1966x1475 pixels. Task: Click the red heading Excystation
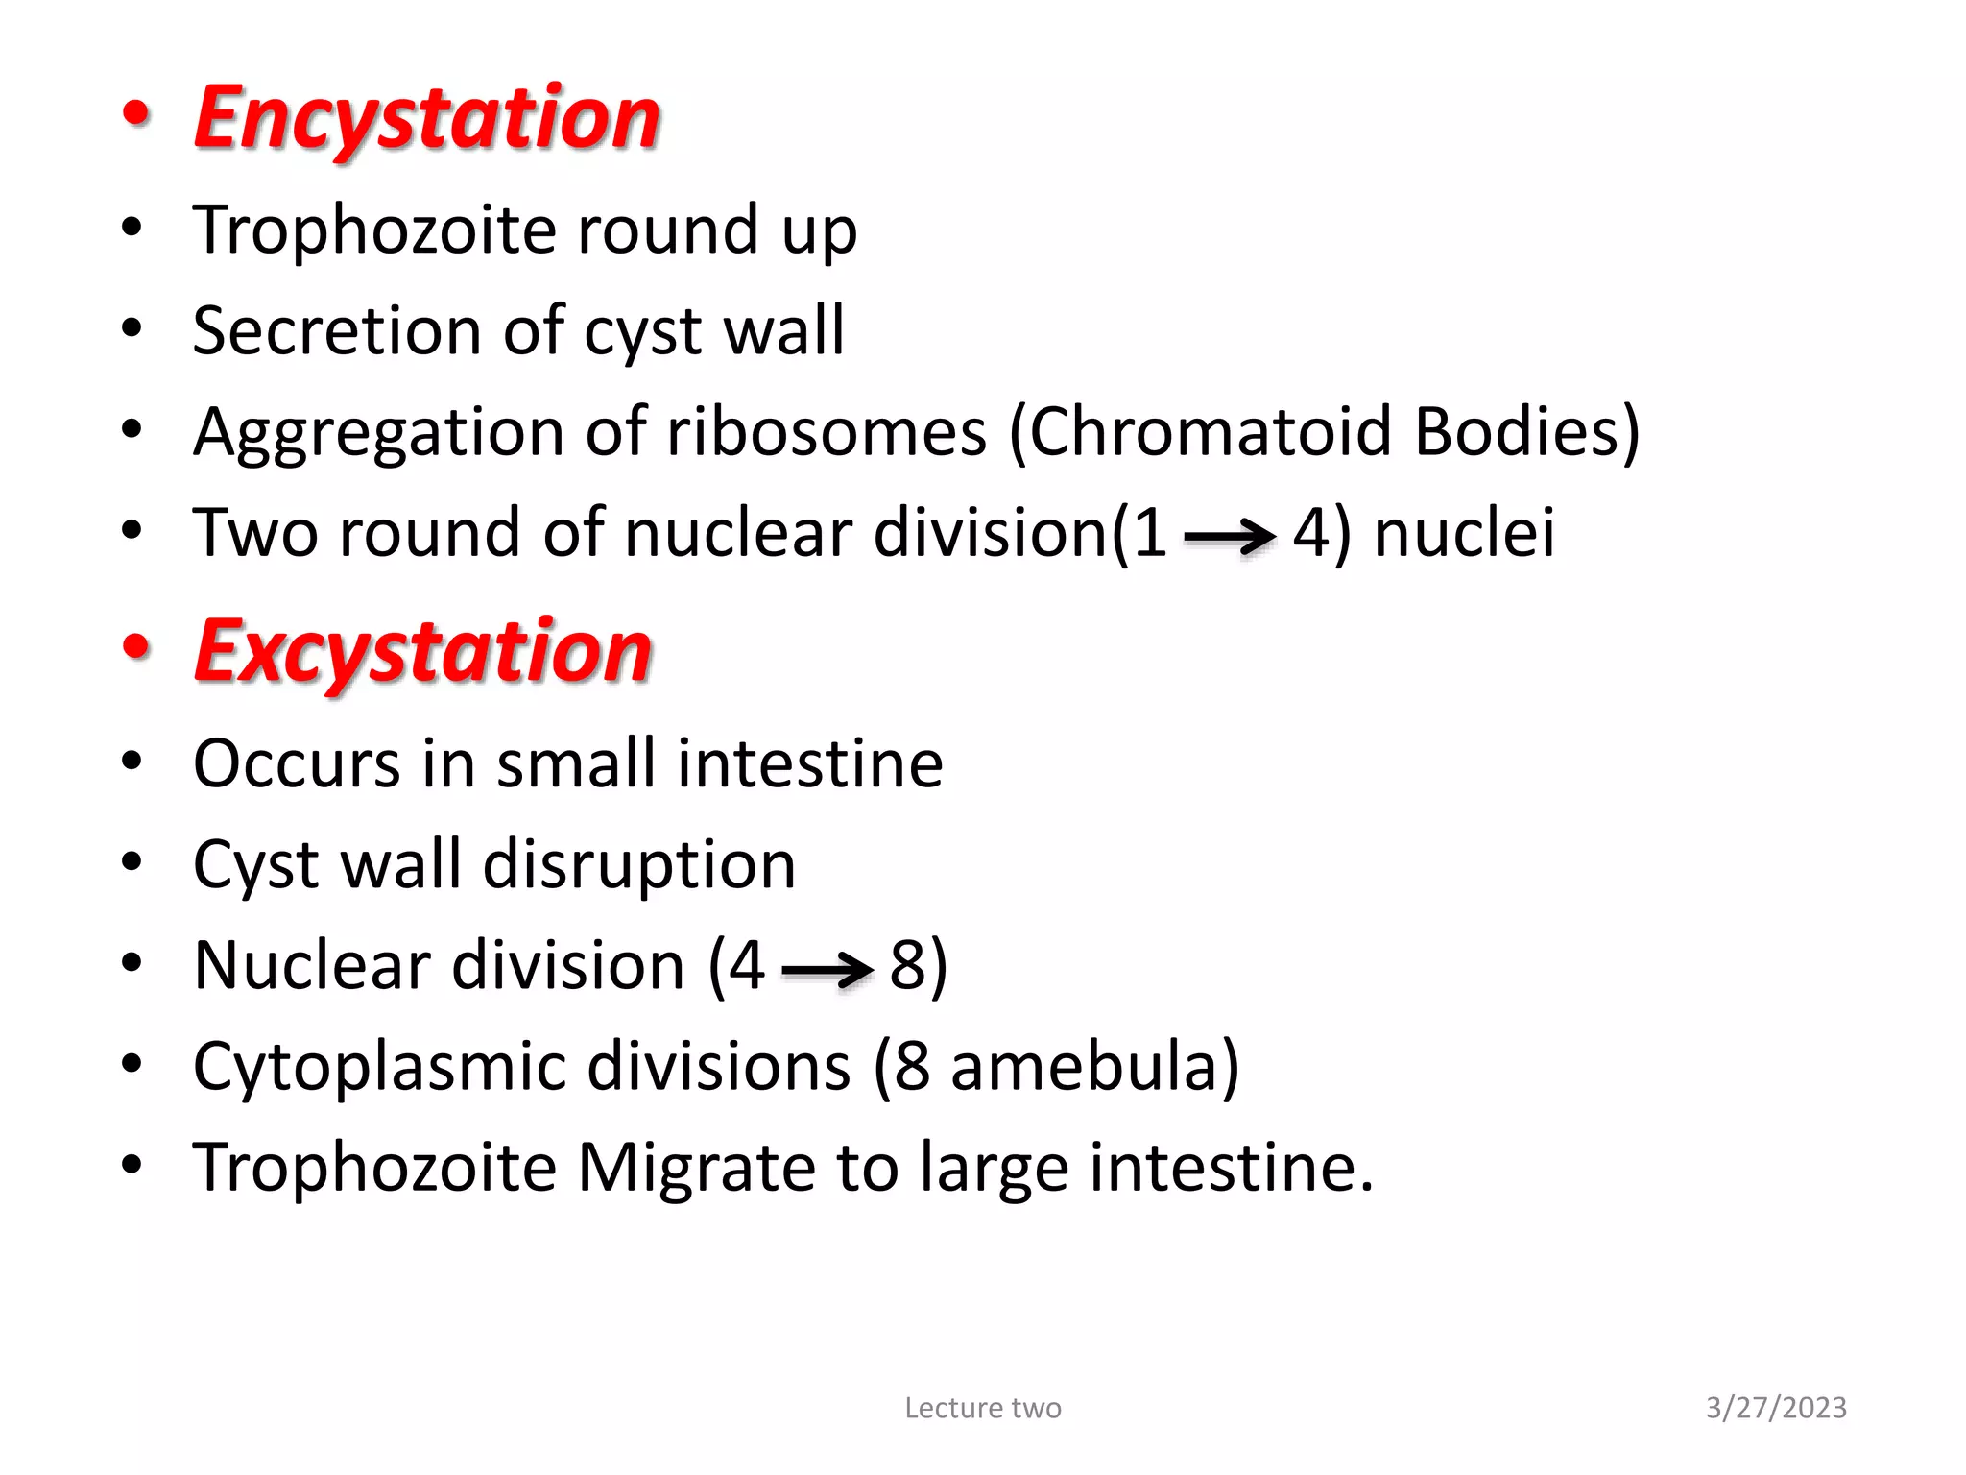(423, 651)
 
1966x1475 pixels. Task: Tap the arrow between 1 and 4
(1230, 536)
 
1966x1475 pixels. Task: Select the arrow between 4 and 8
(827, 970)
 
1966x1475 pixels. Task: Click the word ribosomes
(827, 431)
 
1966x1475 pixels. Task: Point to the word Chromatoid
(1211, 431)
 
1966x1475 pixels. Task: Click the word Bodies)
(1527, 431)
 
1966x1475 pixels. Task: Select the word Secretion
(336, 330)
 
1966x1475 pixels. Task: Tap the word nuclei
(1464, 532)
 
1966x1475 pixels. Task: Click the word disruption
(639, 864)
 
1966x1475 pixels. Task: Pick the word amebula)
(1095, 1066)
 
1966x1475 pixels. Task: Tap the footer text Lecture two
(983, 1408)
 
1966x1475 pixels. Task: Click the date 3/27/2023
(1776, 1408)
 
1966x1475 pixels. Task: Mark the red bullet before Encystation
(136, 113)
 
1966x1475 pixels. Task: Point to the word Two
(255, 532)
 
